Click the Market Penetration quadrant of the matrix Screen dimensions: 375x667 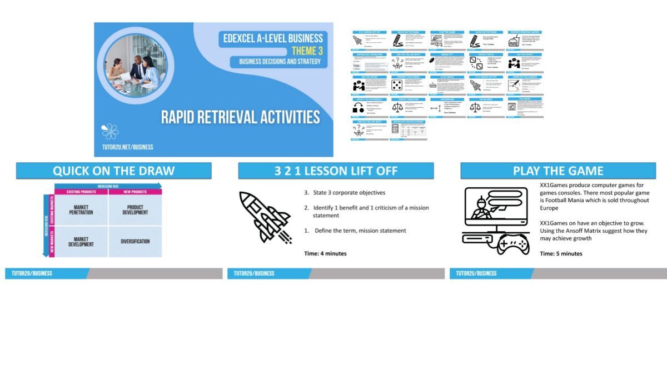tap(81, 211)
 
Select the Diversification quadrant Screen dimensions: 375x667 tap(135, 242)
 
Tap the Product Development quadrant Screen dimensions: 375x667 tap(135, 211)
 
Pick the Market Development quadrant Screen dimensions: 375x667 tap(81, 242)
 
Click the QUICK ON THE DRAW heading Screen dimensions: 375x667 tap(113, 171)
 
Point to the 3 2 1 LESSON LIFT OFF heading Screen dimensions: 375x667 tap(336, 171)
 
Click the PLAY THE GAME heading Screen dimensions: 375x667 tap(558, 171)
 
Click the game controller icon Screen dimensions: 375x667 tap(512, 244)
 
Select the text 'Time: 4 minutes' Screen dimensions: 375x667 tap(325, 253)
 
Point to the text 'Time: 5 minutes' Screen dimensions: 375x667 tap(561, 253)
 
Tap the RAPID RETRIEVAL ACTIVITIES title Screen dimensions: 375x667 tap(240, 117)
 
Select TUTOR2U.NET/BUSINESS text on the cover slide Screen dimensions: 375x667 tap(127, 147)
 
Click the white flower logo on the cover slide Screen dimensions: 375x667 tap(110, 131)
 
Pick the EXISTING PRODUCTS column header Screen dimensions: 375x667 tap(81, 192)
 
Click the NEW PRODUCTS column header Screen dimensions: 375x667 tap(135, 192)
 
